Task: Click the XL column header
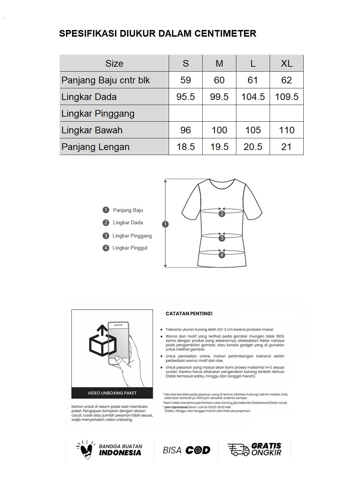(286, 63)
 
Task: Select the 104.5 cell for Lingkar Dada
(253, 97)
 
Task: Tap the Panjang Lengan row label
(95, 147)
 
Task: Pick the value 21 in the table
(286, 147)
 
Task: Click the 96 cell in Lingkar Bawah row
(186, 130)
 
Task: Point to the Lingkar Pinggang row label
(98, 113)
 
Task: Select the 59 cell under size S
(186, 80)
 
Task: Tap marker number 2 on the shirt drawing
(222, 214)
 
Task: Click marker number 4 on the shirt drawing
(222, 255)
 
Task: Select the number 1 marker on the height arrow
(165, 224)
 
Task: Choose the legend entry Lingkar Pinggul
(130, 248)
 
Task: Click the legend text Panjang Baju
(128, 210)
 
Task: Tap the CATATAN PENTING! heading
(189, 314)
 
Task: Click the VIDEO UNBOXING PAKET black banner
(112, 393)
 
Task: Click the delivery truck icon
(238, 450)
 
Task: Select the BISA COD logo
(186, 450)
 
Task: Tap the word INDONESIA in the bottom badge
(120, 453)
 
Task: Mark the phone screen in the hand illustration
(118, 343)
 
